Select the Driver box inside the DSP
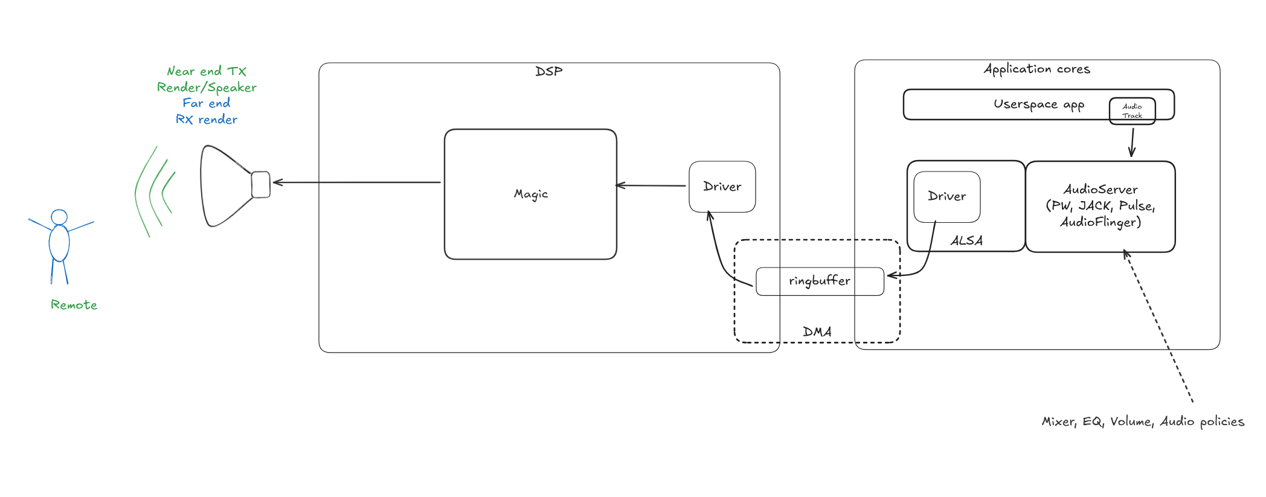[x=722, y=187]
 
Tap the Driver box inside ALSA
[x=946, y=196]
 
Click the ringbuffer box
[x=820, y=281]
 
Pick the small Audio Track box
[x=1132, y=111]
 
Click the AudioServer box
[x=1100, y=206]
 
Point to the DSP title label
[x=548, y=71]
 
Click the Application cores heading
[x=1036, y=69]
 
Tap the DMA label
[x=817, y=332]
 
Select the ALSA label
[x=966, y=240]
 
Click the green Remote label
[x=74, y=305]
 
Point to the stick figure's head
[x=59, y=217]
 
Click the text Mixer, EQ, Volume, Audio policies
[x=1143, y=422]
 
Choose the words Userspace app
[x=1038, y=104]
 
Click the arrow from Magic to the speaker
[x=356, y=182]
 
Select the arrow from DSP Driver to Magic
[x=651, y=185]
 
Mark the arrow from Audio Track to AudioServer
[x=1133, y=143]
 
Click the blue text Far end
[x=206, y=103]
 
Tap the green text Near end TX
[x=207, y=71]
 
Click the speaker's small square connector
[x=261, y=184]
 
